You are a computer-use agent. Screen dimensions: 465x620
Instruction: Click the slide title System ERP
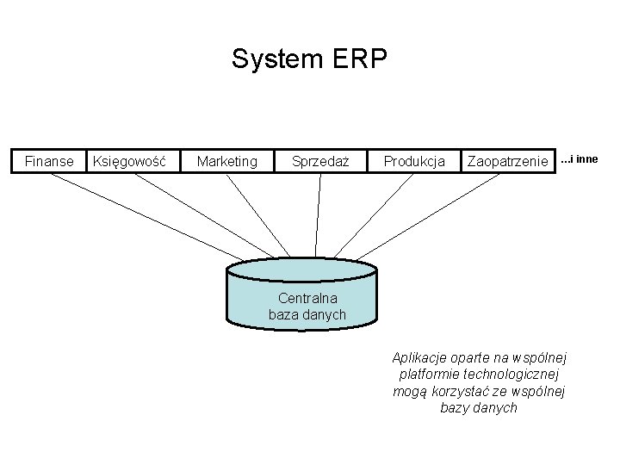[x=309, y=59]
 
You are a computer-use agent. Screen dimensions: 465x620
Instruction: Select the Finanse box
[x=49, y=161]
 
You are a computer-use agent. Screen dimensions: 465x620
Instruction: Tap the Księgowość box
[x=134, y=161]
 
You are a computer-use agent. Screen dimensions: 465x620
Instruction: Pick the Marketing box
[x=226, y=161]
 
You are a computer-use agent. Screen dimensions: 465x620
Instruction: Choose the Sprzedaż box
[x=320, y=161]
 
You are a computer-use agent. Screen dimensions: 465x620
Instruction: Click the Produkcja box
[x=414, y=161]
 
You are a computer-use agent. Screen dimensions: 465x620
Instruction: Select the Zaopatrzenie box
[x=507, y=161]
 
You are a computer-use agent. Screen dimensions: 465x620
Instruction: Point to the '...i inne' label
[x=580, y=159]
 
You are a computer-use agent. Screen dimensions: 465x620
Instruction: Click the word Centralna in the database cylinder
[x=307, y=299]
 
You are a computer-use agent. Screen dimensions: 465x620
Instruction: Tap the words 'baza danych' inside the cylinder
[x=307, y=315]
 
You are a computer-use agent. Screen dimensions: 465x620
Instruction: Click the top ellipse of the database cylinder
[x=301, y=270]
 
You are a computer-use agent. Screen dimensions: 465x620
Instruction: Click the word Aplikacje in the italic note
[x=419, y=357]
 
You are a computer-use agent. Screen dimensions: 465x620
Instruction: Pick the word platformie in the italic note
[x=430, y=375]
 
